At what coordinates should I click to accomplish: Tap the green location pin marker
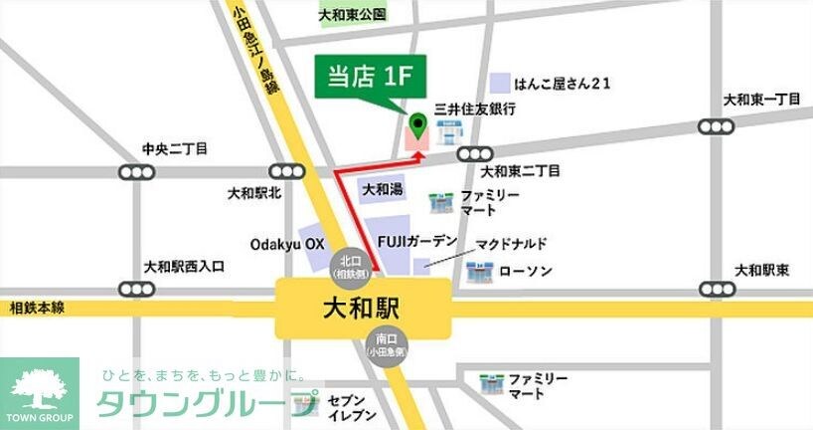(418, 126)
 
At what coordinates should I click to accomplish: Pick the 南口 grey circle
(381, 343)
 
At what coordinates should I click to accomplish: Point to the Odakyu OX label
(286, 243)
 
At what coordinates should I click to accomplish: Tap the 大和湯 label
(383, 188)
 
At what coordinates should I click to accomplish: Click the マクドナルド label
(511, 244)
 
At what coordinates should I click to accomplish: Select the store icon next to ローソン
(480, 270)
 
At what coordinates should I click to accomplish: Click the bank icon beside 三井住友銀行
(447, 129)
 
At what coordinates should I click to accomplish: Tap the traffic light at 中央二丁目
(135, 172)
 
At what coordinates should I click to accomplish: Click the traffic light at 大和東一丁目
(716, 126)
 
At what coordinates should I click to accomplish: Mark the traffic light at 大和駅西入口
(135, 290)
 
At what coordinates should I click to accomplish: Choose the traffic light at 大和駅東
(716, 290)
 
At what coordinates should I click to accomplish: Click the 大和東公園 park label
(352, 16)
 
